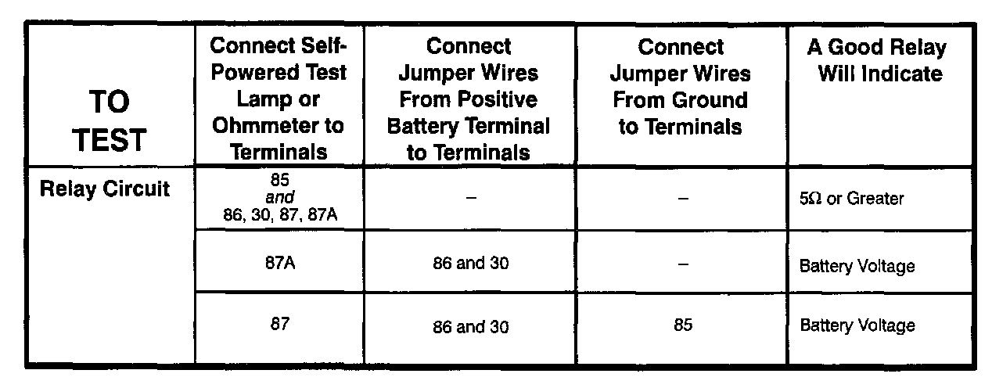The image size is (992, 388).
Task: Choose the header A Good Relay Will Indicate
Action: click(876, 61)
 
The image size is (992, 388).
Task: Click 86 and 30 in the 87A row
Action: click(469, 264)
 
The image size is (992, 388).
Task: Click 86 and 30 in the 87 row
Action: click(469, 327)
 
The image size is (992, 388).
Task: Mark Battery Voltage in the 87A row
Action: click(857, 266)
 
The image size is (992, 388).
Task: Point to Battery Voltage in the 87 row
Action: click(857, 325)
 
